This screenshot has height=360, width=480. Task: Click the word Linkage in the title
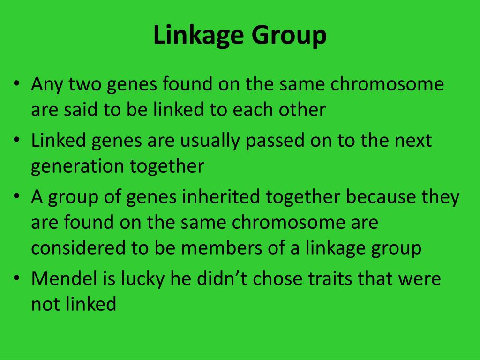point(200,36)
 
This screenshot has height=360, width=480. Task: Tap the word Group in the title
point(291,36)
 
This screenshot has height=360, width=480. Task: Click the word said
point(75,110)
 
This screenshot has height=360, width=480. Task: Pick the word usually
point(209,141)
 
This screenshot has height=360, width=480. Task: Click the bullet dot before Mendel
point(17,278)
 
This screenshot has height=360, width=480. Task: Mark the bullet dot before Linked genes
point(17,140)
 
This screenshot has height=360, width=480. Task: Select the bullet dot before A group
point(17,196)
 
